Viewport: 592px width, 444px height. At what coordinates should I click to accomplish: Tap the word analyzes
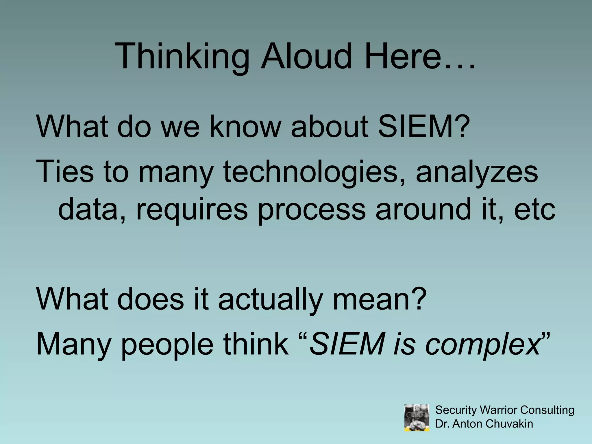pos(477,173)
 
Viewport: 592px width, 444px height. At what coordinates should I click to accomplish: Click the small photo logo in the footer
pos(417,418)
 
